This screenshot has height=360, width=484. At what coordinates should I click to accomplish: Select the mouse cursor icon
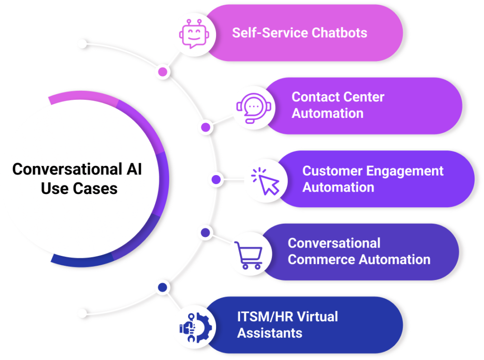pyautogui.click(x=265, y=181)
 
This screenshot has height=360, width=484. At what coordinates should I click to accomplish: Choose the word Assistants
pyautogui.click(x=269, y=333)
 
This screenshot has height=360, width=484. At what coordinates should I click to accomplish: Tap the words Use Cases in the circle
pyautogui.click(x=79, y=188)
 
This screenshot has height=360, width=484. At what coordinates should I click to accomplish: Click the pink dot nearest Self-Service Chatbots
pyautogui.click(x=163, y=72)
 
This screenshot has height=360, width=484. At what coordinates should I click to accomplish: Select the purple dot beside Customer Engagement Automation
pyautogui.click(x=216, y=180)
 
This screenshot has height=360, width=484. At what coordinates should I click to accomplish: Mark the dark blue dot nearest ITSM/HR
pyautogui.click(x=163, y=287)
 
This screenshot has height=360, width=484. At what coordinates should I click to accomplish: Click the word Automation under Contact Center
pyautogui.click(x=327, y=113)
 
